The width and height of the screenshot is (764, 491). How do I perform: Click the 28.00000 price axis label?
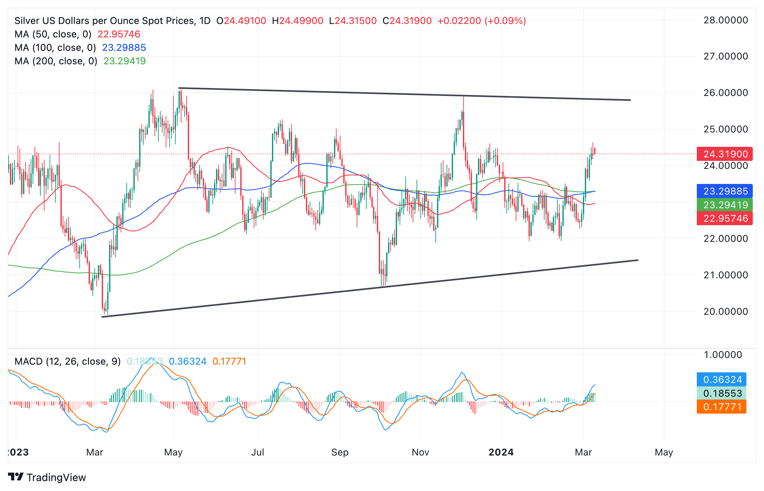pos(725,20)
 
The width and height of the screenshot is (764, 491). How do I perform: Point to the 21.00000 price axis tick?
pos(725,275)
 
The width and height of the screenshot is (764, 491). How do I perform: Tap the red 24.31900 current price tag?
pos(724,154)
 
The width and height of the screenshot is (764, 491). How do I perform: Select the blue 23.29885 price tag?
pos(724,191)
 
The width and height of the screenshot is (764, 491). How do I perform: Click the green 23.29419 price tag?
pos(724,205)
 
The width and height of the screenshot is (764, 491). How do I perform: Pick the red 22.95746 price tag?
pos(724,218)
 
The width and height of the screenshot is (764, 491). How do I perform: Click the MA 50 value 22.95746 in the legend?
pos(119,34)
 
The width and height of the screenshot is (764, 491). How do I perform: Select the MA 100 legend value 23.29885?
pos(124,48)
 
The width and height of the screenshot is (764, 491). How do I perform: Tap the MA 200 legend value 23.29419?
pos(124,61)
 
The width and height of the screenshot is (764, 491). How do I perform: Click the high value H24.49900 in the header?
pos(298,21)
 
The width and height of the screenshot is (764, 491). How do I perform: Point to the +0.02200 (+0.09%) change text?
pos(481,21)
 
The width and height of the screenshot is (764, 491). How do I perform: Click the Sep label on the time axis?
pos(340,452)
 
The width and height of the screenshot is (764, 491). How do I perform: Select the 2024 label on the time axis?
pos(501,452)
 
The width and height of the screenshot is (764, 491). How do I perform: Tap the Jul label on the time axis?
pos(258,452)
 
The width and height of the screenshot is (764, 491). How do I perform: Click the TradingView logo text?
pos(56,477)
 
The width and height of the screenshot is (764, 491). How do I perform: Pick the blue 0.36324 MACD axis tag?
pos(721,380)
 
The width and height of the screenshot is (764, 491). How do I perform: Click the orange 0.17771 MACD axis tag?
pos(721,407)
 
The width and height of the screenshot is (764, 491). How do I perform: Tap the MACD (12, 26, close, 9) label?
pos(68,361)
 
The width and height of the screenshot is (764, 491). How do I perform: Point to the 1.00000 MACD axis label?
pos(722,355)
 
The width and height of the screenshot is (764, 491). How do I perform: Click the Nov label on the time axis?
pos(420,452)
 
